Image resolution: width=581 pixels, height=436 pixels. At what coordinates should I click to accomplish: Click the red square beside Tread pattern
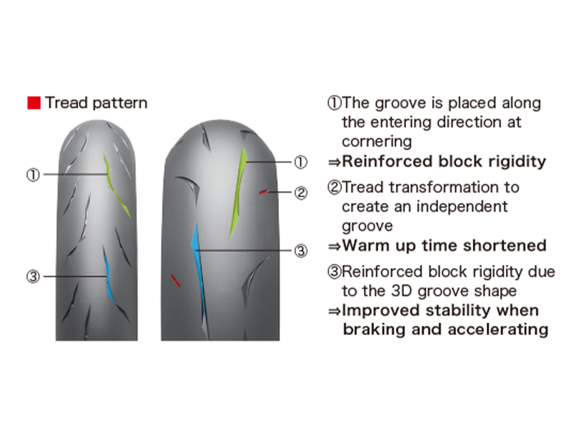pos(34,103)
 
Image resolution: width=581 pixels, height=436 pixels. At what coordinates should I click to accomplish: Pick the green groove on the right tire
pos(239,191)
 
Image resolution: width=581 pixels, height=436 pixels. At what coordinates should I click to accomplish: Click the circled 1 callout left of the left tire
pos(33,175)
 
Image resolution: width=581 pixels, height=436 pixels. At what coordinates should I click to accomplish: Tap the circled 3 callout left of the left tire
pos(33,277)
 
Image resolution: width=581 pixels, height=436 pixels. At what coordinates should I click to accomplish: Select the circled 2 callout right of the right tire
pos(301,193)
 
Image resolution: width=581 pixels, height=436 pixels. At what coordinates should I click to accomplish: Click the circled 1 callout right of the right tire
pos(301,162)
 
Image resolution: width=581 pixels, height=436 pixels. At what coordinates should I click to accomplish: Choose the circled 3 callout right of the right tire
pos(301,251)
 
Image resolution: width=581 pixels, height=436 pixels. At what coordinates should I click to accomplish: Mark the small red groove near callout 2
pos(263,192)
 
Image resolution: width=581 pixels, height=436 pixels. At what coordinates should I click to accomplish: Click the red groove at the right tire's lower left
pos(175,280)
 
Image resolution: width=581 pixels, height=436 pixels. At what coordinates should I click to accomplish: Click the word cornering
pos(376,142)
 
